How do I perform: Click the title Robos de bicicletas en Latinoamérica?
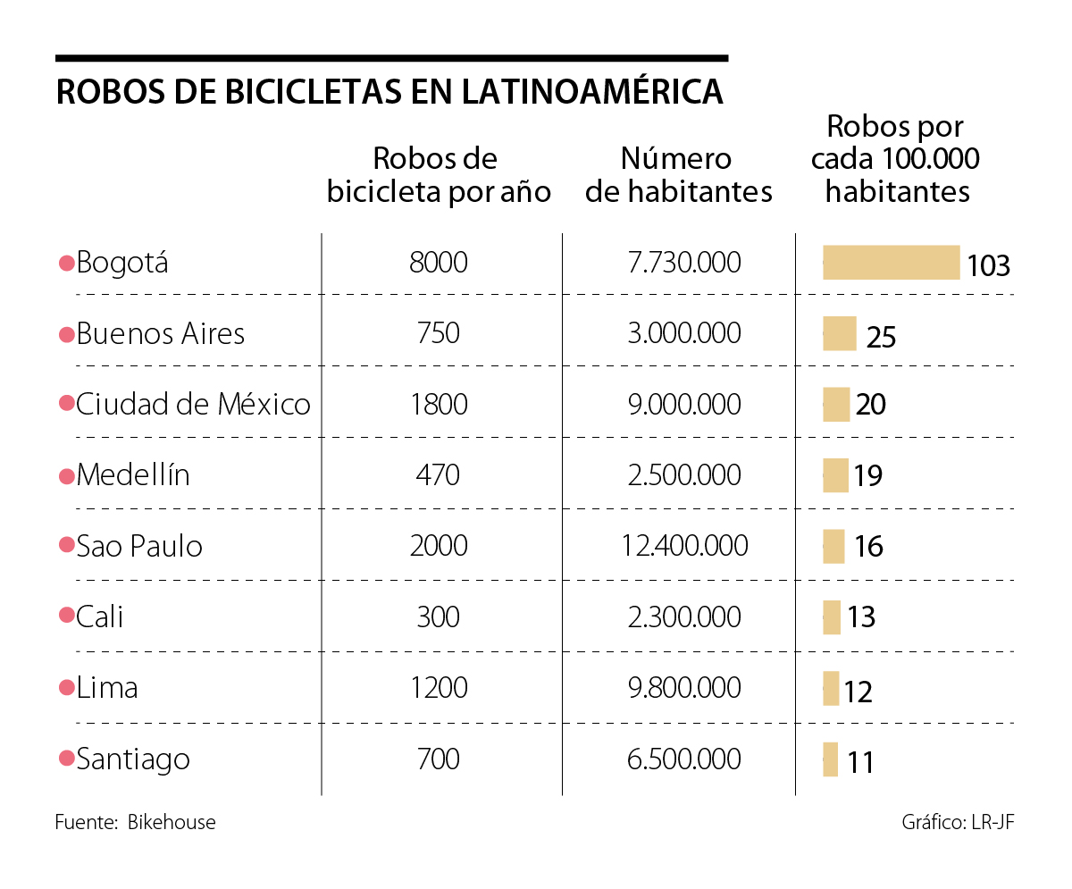coord(389,92)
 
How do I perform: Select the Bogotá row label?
coord(122,264)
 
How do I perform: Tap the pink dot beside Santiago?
coord(66,759)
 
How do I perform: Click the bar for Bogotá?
coord(891,263)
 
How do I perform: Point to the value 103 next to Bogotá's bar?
coord(988,265)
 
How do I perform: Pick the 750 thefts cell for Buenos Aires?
coord(439,333)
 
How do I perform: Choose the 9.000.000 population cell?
coord(684,404)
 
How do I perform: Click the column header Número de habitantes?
coord(679,175)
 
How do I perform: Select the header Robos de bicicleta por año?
coord(439,175)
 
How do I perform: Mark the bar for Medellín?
coord(835,475)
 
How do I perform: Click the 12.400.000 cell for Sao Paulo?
coord(684,545)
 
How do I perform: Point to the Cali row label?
coord(100,616)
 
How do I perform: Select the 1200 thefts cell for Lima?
coord(439,687)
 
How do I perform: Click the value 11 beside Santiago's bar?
coord(860,763)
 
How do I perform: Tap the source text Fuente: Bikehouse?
coord(135,822)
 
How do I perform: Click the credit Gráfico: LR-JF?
coord(959,822)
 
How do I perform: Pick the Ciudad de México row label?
coord(193,404)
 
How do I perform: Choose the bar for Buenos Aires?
coord(839,333)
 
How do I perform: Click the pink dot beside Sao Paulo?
coord(66,545)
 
